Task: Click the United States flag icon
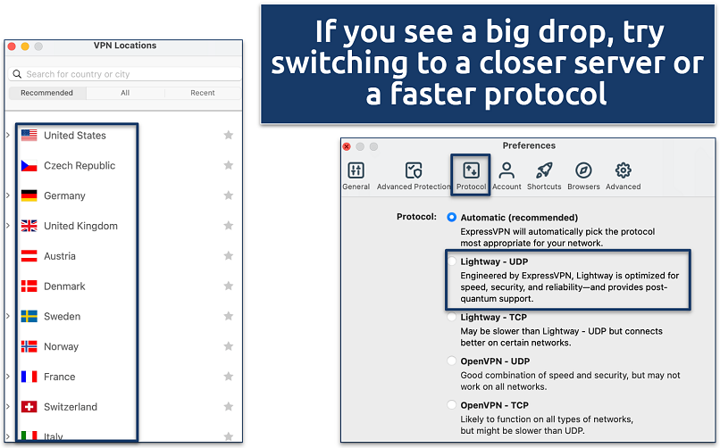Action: [x=29, y=136]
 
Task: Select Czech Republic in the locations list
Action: [x=80, y=165]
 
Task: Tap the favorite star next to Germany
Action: [x=228, y=195]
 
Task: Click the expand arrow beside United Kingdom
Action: [x=8, y=226]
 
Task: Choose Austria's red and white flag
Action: [x=29, y=256]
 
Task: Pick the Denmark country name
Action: [x=64, y=286]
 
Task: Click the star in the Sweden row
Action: [x=228, y=316]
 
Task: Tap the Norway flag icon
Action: [x=29, y=346]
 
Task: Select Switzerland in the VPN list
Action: [x=71, y=407]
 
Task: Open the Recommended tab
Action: [x=46, y=93]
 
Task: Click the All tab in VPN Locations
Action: [x=125, y=93]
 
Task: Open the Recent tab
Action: [x=203, y=93]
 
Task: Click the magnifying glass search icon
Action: [x=17, y=74]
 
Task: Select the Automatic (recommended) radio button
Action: [x=452, y=218]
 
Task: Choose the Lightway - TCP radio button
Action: [x=452, y=317]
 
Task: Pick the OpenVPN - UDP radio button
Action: [x=452, y=361]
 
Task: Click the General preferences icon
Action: [x=356, y=170]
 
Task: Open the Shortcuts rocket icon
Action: [x=544, y=170]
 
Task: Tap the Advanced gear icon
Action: [x=624, y=170]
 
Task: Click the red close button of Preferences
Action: [x=347, y=146]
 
